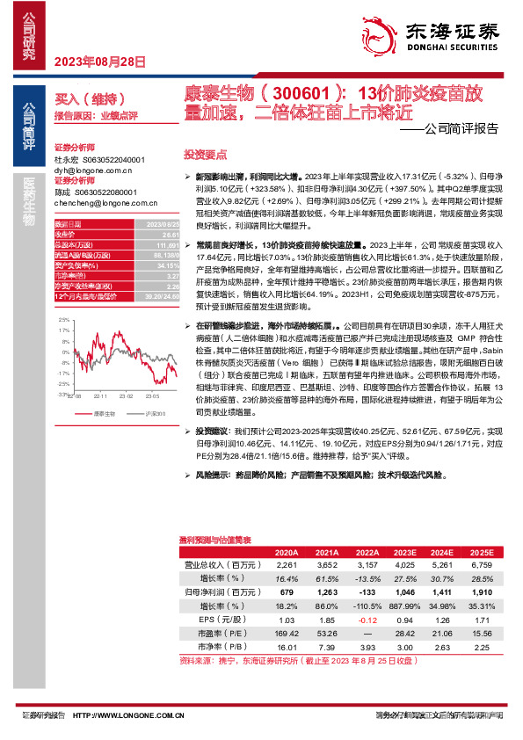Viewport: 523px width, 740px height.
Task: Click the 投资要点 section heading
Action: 201,153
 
